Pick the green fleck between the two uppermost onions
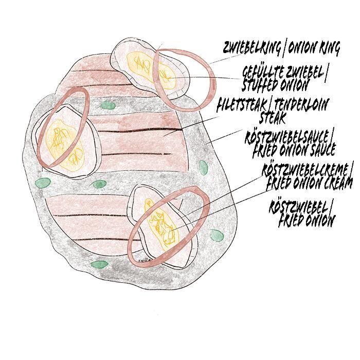point(107,105)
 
